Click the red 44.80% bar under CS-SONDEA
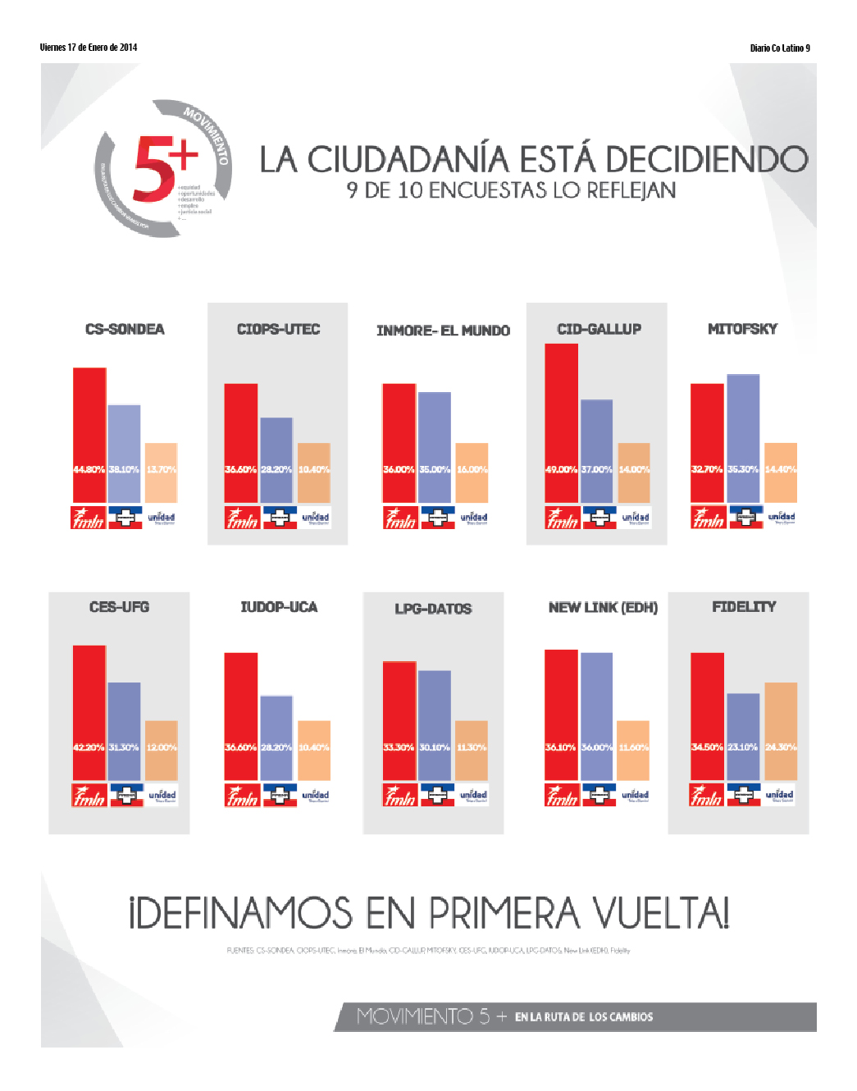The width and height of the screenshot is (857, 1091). pyautogui.click(x=89, y=435)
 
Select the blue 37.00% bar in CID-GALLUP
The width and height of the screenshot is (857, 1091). pyautogui.click(x=596, y=451)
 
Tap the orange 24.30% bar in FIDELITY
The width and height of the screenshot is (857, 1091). pyautogui.click(x=781, y=731)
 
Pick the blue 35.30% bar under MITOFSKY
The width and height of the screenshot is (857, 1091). pyautogui.click(x=743, y=438)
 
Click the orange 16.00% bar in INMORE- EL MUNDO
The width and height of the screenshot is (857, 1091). pyautogui.click(x=472, y=472)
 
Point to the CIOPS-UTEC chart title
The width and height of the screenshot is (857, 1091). pyautogui.click(x=278, y=329)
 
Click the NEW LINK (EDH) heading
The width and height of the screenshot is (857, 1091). pyautogui.click(x=603, y=607)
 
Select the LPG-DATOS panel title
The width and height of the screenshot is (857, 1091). pyautogui.click(x=433, y=608)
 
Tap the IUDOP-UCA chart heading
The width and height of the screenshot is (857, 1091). pyautogui.click(x=279, y=607)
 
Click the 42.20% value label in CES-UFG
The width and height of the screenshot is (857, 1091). pyautogui.click(x=89, y=747)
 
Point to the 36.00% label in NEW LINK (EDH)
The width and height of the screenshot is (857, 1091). pyautogui.click(x=596, y=747)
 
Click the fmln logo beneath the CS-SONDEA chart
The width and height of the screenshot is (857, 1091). pyautogui.click(x=88, y=518)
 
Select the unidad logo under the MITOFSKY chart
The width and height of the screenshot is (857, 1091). pyautogui.click(x=781, y=517)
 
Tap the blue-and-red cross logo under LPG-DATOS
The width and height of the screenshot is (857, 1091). pyautogui.click(x=437, y=795)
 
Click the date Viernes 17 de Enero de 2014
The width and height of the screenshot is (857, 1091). pyautogui.click(x=89, y=48)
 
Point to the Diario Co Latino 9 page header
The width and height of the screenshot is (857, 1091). pyautogui.click(x=779, y=48)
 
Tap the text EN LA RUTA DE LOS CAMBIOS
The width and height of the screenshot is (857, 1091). pyautogui.click(x=584, y=1017)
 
